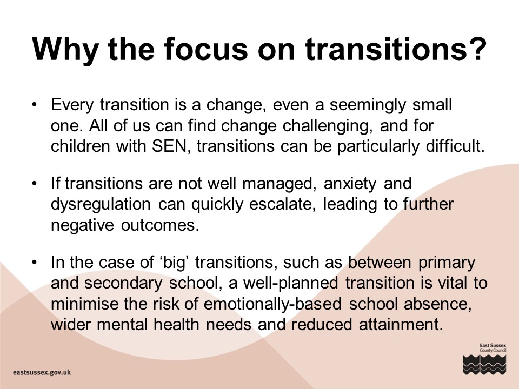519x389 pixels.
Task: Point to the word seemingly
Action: (x=368, y=105)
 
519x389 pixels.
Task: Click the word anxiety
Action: (x=350, y=184)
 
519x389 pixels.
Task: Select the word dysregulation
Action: (x=101, y=205)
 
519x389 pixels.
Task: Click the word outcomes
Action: (x=160, y=225)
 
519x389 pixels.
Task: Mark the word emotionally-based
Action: (x=272, y=304)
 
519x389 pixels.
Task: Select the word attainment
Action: (x=401, y=325)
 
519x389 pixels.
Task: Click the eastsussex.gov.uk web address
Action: (x=42, y=372)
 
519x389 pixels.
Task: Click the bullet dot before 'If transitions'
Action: (x=34, y=183)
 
